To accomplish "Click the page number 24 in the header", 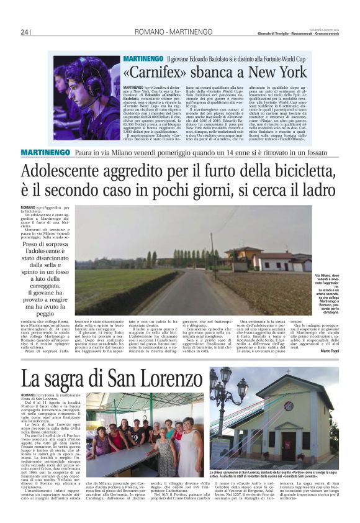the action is (x=25, y=32).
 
